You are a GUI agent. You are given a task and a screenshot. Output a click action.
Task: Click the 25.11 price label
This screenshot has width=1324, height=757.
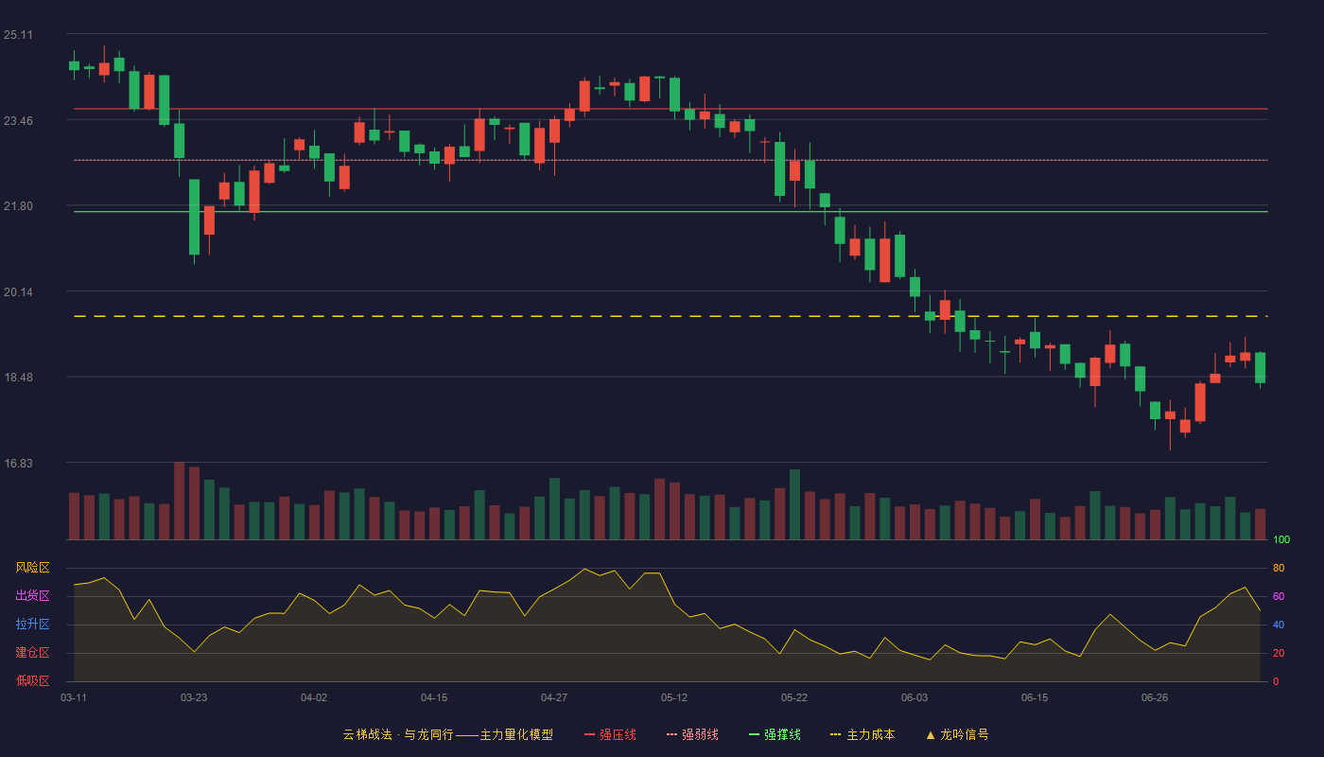[18, 35]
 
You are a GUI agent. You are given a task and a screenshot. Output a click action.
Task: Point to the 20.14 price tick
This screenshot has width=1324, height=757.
[18, 292]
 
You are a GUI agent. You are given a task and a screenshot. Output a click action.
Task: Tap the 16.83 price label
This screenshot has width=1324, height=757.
[18, 463]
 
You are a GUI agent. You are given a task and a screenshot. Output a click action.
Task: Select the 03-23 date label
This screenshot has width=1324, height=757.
[194, 698]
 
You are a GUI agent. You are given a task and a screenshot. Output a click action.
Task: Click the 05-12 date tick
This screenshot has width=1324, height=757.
[674, 698]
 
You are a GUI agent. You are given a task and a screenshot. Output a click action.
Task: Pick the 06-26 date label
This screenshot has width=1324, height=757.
[1155, 698]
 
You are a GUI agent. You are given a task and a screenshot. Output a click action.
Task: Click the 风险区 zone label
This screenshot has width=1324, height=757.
[32, 568]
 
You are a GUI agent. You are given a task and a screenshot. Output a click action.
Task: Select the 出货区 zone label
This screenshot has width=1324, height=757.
[32, 595]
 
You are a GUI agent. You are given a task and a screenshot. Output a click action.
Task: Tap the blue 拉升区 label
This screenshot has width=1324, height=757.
[32, 624]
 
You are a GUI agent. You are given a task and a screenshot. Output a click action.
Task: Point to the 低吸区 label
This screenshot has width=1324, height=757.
[32, 680]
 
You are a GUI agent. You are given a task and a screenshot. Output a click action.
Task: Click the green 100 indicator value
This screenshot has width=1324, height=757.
[1281, 539]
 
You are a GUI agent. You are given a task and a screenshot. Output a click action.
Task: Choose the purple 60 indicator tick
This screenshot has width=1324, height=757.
[1279, 596]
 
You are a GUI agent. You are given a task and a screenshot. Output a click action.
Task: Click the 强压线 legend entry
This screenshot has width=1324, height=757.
[610, 734]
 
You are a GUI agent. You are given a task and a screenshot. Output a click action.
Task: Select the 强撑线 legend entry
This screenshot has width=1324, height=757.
[775, 734]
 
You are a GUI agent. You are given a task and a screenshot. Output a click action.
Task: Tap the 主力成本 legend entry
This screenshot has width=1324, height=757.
[862, 734]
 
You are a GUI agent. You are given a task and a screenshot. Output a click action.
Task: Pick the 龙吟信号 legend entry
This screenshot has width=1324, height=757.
[957, 734]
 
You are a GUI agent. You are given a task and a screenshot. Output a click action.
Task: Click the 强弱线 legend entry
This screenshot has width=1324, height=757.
[692, 734]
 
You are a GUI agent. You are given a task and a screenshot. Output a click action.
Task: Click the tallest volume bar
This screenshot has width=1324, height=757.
[179, 501]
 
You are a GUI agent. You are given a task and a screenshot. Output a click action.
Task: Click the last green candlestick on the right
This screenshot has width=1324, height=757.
[1260, 368]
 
